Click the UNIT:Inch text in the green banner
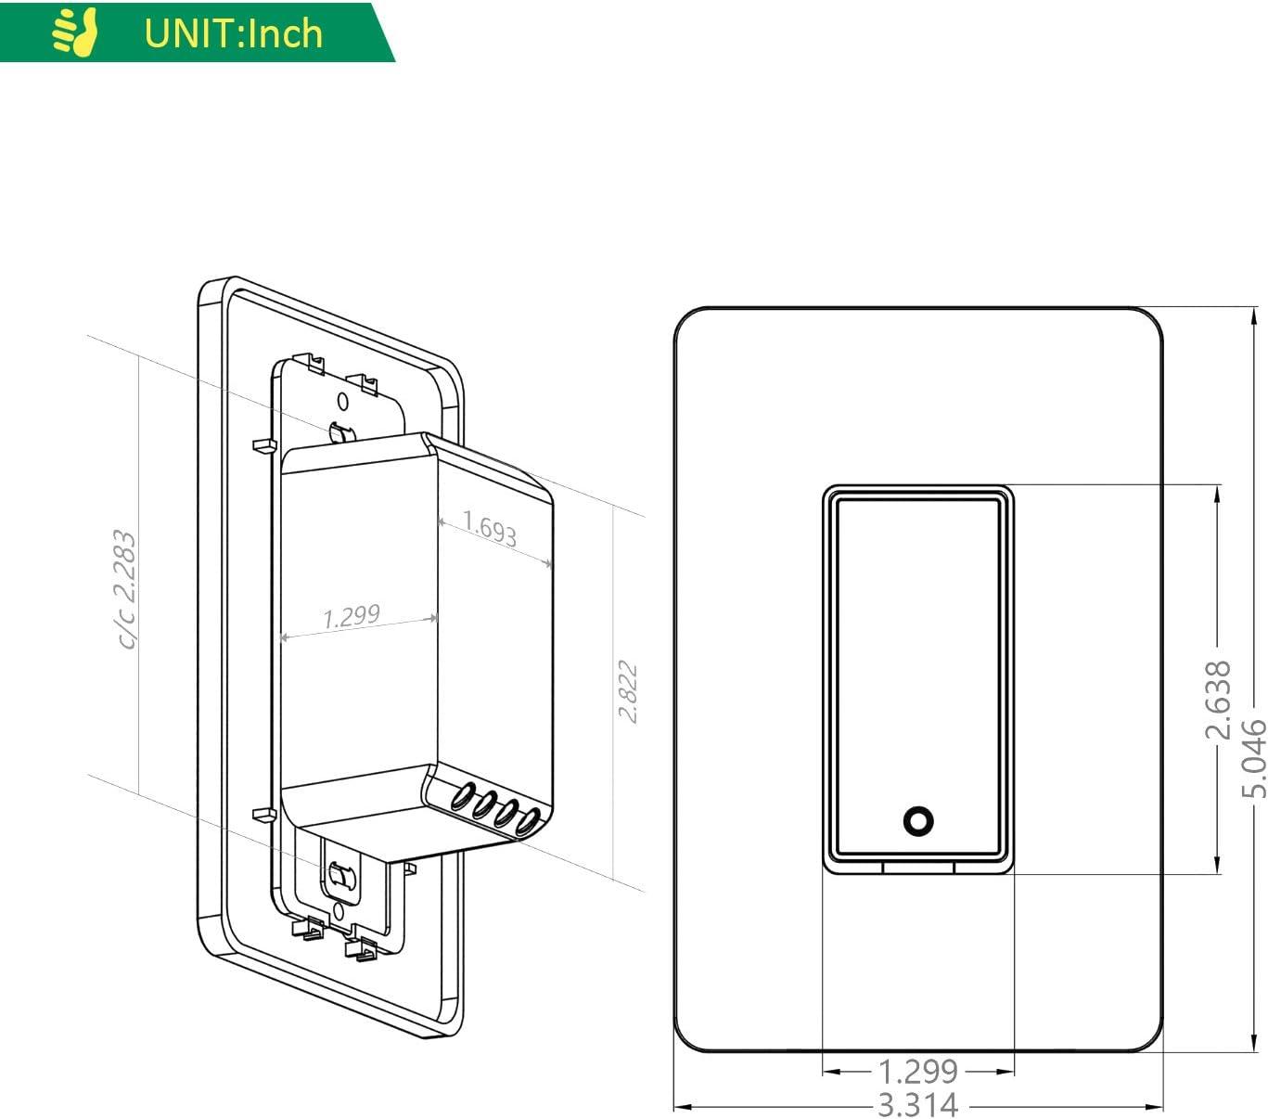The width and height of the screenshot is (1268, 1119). pos(233,33)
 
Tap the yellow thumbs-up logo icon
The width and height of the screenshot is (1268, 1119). pos(75,32)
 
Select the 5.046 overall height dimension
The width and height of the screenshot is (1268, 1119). pos(1253,758)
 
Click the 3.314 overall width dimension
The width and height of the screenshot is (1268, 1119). pos(917,1105)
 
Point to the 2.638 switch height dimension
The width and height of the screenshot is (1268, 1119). pos(1217,700)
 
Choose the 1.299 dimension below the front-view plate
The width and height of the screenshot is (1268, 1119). pos(917,1071)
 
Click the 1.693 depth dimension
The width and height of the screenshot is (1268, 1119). pos(490,529)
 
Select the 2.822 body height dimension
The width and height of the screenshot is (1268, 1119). pos(628,691)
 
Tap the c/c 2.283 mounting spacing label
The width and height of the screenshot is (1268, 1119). pos(124,588)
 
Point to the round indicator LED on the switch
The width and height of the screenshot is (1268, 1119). pos(917,820)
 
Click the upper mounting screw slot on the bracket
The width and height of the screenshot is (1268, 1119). pos(341,432)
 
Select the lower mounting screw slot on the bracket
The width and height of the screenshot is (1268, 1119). pos(339,875)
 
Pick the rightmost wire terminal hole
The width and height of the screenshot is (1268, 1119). pos(528,822)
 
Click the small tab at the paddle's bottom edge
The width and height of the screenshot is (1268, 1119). pos(917,868)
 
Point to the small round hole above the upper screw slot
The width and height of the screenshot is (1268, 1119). pos(342,402)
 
